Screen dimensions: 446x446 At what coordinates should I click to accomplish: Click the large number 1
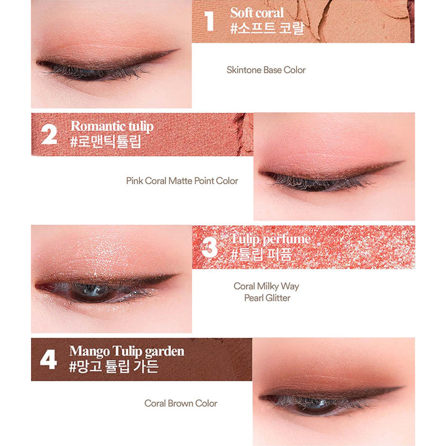(x=209, y=21)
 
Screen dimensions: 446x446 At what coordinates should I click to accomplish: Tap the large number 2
(x=49, y=134)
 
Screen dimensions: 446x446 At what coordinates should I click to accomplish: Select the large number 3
(x=210, y=247)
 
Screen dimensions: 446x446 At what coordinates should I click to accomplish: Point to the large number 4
(x=48, y=359)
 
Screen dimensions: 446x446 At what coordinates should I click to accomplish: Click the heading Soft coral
(x=256, y=13)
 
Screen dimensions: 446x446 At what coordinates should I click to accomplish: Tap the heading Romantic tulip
(x=112, y=126)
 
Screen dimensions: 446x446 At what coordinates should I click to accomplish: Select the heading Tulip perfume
(x=271, y=239)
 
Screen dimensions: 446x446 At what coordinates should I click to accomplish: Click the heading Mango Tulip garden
(x=127, y=352)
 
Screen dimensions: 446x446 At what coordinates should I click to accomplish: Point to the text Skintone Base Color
(x=266, y=70)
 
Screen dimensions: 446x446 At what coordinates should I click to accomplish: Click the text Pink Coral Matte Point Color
(x=182, y=181)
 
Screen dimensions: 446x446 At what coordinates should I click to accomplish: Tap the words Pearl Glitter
(x=268, y=298)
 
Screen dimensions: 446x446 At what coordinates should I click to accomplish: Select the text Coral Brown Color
(x=181, y=403)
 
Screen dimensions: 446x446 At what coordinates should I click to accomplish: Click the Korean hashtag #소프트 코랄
(x=268, y=28)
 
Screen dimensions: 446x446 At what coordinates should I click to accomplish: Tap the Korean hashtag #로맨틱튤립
(x=105, y=141)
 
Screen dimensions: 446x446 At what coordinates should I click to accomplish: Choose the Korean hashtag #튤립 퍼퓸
(x=261, y=254)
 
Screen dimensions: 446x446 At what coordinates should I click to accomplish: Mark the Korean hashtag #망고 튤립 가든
(x=114, y=366)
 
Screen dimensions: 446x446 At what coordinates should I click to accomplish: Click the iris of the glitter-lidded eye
(x=92, y=292)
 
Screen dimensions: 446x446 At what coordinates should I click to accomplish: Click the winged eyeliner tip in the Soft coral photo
(x=178, y=50)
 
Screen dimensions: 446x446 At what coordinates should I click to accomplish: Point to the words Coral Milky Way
(x=266, y=286)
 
